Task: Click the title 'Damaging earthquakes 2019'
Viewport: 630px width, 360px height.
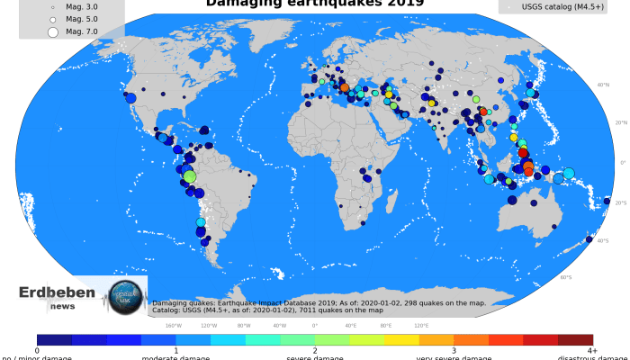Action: point(315,4)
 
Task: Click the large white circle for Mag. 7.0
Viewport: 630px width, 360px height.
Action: point(52,31)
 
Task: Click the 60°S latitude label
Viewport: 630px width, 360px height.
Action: point(565,276)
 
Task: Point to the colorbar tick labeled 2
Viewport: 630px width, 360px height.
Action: point(315,350)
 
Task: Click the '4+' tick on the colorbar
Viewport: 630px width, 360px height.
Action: point(591,350)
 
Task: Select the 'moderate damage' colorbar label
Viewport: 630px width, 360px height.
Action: point(175,357)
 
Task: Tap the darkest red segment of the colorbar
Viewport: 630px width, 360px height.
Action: point(576,339)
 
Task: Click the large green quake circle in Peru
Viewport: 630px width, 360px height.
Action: point(189,176)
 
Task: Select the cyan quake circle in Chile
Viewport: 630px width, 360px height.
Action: point(201,222)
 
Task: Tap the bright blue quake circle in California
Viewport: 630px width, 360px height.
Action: point(130,98)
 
